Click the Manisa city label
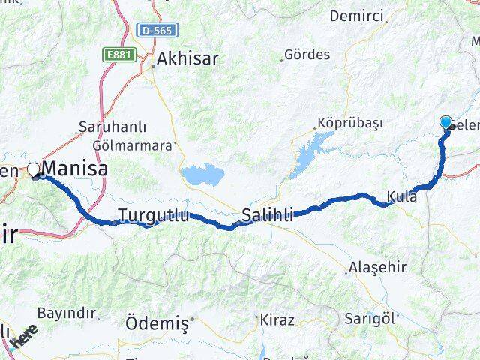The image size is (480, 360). (x=74, y=169)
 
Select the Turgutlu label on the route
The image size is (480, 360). (x=153, y=216)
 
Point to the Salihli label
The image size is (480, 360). (x=267, y=216)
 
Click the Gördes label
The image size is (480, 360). (x=307, y=55)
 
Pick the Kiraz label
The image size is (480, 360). (x=277, y=320)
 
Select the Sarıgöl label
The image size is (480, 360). (x=369, y=318)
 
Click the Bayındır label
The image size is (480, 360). (x=67, y=313)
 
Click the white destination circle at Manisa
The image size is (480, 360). (x=34, y=169)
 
